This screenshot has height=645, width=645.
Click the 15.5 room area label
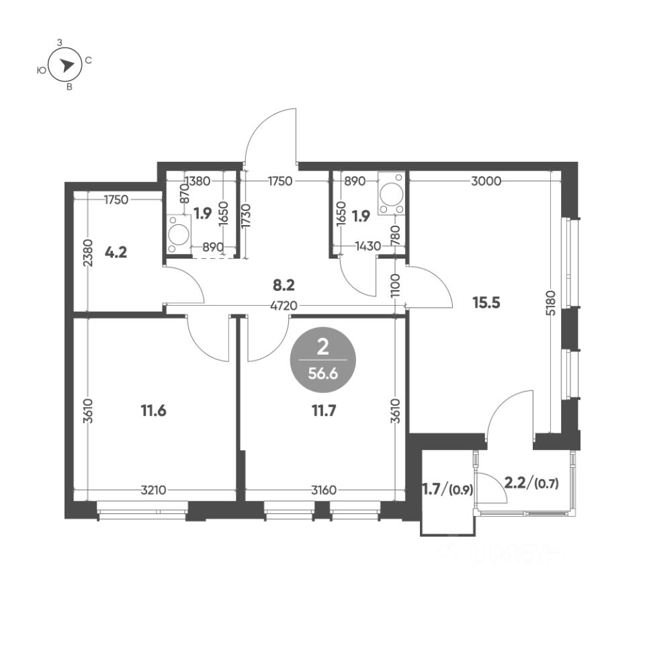tap(486, 303)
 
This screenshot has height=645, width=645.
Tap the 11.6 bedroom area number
tap(153, 410)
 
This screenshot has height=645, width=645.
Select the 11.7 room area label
tap(324, 410)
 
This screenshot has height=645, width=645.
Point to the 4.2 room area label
tap(116, 252)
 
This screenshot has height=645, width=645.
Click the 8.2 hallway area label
tap(284, 285)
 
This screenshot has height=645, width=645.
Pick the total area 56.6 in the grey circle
tap(323, 374)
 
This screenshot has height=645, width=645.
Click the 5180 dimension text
tap(551, 303)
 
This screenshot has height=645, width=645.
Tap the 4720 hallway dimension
tap(284, 306)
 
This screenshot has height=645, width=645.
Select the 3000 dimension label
tap(486, 181)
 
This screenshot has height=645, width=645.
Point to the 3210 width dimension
tap(153, 490)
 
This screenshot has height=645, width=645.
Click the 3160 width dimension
tap(324, 490)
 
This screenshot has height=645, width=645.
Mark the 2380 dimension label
tap(88, 253)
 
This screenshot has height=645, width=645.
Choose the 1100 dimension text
tap(395, 286)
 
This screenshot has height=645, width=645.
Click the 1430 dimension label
tap(368, 246)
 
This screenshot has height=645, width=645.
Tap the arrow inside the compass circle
tap(66, 65)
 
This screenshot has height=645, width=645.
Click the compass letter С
tap(88, 61)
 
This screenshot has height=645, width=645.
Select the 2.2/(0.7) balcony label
tap(531, 483)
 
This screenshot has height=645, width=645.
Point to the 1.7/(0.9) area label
tap(448, 490)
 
